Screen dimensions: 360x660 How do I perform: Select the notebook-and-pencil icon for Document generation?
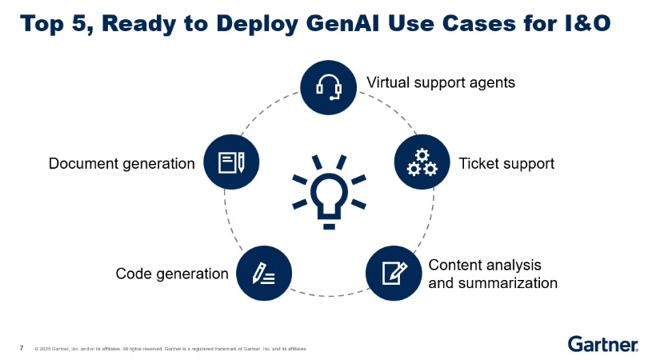click(232, 162)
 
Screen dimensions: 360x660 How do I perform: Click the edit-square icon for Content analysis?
click(394, 274)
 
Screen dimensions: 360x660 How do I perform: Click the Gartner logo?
click(602, 344)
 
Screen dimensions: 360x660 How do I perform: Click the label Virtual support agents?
click(440, 82)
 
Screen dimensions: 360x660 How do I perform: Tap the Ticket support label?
click(506, 163)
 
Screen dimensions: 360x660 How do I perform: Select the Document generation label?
click(122, 163)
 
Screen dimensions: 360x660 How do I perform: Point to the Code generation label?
click(172, 274)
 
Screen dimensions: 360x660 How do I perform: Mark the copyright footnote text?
click(170, 349)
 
